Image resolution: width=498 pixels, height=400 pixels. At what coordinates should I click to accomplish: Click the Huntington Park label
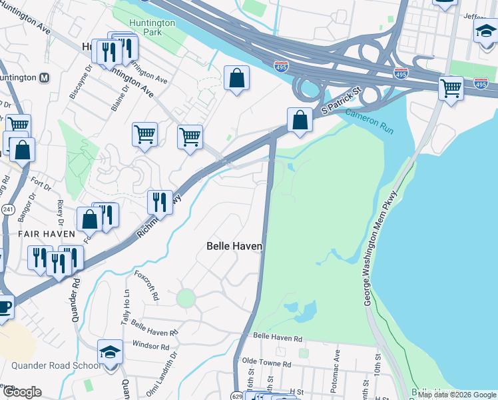tap(152, 27)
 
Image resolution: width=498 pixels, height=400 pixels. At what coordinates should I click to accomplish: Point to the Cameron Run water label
tap(370, 121)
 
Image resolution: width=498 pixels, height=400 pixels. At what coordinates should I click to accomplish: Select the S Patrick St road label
tap(340, 99)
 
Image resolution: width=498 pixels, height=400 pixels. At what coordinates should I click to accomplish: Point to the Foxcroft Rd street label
tap(148, 286)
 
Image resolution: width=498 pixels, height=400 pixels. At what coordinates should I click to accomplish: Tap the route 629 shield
tap(237, 396)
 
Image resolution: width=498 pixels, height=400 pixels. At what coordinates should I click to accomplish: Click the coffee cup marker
tap(3, 307)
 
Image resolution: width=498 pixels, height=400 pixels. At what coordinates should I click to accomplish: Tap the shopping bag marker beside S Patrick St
tap(300, 120)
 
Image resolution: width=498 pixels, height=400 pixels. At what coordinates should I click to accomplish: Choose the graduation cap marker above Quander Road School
tap(111, 352)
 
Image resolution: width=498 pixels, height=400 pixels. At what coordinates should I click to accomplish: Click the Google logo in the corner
tap(21, 391)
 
